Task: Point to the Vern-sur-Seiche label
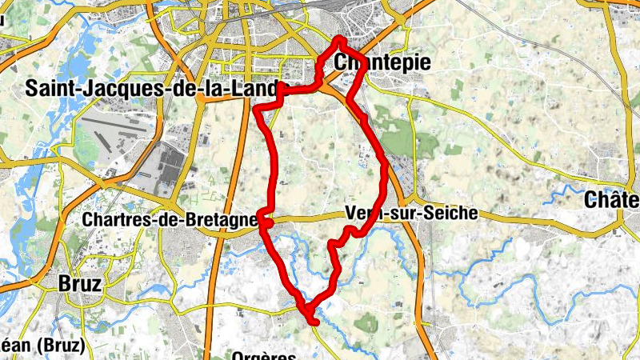coord(411,213)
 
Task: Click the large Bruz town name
coord(80,282)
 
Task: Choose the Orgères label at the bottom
coord(264,355)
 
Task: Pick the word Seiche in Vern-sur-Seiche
coord(453,213)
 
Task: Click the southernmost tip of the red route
coord(315,322)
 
